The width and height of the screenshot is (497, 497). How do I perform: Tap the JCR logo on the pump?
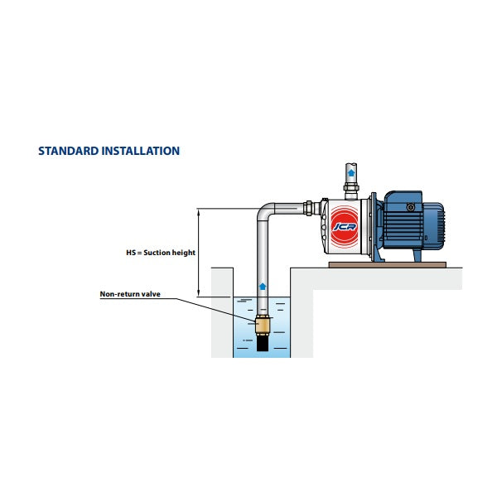[x=345, y=227]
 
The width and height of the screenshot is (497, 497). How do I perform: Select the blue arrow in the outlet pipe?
[x=351, y=173]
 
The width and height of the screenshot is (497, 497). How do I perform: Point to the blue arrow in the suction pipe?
[x=262, y=287]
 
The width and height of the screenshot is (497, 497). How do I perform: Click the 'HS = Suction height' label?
[x=161, y=253]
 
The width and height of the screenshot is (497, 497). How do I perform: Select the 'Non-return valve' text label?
[x=130, y=294]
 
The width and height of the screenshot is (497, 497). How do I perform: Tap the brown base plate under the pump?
[x=388, y=265]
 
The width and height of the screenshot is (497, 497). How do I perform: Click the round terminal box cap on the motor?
[x=411, y=208]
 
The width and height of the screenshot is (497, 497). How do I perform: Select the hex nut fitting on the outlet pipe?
[x=351, y=188]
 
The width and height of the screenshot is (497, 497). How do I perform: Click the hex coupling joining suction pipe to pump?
[x=308, y=208]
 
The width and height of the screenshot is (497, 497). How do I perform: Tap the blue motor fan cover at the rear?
[x=437, y=225]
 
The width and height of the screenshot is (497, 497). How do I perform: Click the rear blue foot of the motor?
[x=418, y=255]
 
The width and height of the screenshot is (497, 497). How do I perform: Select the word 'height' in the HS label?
[x=183, y=253]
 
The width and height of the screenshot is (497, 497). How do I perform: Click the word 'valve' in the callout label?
[x=151, y=294]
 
